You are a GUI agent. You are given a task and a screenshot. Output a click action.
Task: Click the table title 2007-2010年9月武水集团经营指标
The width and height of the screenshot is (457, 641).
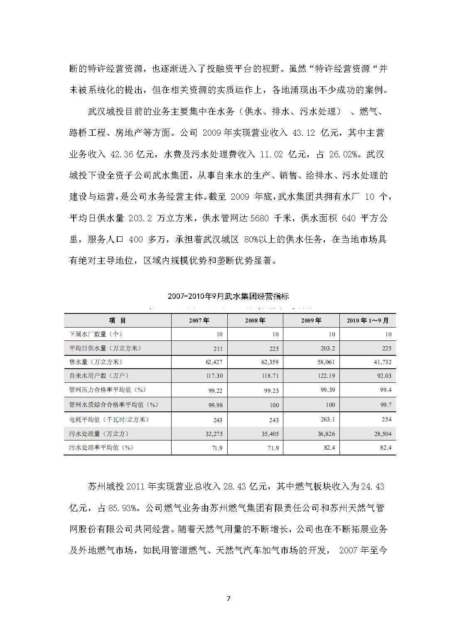click(228, 296)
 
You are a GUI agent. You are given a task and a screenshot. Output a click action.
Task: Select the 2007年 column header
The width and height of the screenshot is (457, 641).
click(199, 320)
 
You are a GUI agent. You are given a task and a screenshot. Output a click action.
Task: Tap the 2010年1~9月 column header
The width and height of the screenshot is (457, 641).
click(368, 320)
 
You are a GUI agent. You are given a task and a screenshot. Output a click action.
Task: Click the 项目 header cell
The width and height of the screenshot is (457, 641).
click(117, 320)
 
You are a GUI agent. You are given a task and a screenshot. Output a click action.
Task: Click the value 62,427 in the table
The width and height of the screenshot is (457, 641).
click(214, 362)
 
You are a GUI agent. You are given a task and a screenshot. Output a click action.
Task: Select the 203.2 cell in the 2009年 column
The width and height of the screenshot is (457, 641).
click(327, 348)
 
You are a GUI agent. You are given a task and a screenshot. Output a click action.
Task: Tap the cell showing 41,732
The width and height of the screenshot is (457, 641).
click(382, 362)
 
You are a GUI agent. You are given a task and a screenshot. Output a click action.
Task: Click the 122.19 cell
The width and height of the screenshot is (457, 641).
click(326, 376)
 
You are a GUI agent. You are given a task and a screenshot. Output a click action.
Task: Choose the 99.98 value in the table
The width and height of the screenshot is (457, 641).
click(215, 405)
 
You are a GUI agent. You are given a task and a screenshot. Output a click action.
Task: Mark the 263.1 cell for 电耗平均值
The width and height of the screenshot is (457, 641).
click(327, 419)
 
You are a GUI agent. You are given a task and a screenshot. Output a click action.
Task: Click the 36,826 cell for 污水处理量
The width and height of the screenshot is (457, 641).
click(326, 434)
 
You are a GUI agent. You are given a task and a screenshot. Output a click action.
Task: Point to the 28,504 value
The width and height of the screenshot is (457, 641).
click(382, 434)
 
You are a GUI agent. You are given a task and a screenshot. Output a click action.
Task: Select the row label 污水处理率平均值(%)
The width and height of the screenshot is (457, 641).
click(101, 448)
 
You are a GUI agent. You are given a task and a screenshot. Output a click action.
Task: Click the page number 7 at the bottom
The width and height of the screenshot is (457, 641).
click(228, 598)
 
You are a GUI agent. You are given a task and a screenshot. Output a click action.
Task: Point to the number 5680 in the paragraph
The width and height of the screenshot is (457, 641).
click(260, 218)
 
